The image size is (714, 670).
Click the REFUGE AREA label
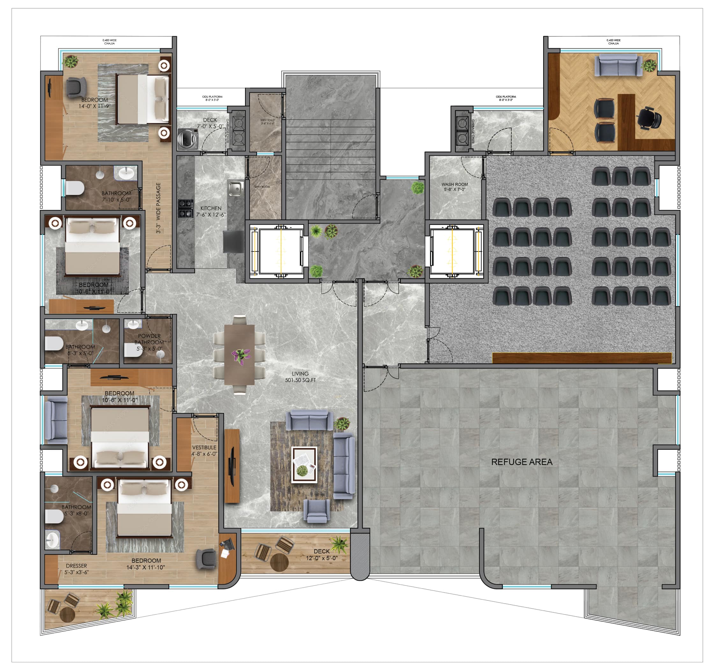tap(521, 462)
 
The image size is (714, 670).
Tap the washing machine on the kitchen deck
tap(188, 139)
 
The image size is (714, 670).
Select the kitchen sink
tap(235, 188)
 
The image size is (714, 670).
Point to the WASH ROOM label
tap(454, 187)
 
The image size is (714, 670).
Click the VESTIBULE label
tap(204, 450)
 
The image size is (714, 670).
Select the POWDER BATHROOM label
tap(149, 339)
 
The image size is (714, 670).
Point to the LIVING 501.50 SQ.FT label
tap(300, 377)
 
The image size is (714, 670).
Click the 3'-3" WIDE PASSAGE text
tap(158, 208)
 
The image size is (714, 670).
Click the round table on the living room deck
tap(279, 562)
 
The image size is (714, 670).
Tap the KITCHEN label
tap(211, 211)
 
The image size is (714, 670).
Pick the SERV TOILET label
tap(267, 122)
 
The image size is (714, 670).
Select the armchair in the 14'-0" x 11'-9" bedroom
tap(76, 87)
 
